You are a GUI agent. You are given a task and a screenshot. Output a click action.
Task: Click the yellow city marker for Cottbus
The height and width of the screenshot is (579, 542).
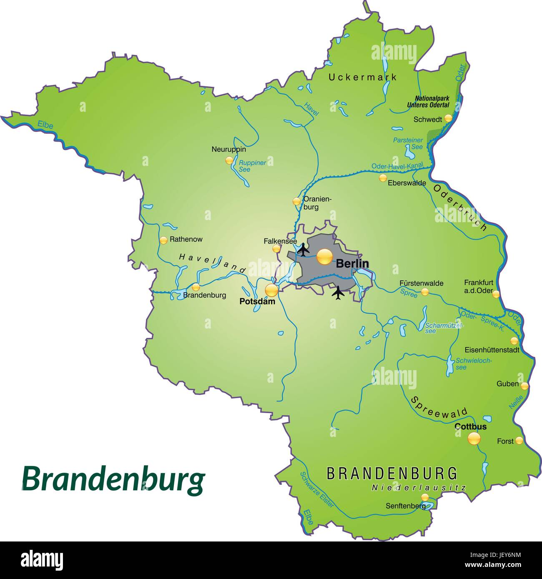click(474, 438)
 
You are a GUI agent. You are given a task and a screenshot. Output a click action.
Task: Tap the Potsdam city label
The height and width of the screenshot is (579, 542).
click(257, 301)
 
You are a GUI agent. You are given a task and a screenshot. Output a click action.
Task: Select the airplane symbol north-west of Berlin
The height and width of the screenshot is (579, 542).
click(304, 250)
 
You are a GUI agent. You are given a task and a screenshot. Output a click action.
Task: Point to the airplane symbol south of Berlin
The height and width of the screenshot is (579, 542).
click(338, 293)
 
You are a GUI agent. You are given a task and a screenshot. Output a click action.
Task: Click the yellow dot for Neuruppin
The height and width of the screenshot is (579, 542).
click(229, 160)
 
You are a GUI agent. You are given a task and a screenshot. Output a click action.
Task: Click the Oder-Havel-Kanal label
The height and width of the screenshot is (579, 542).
click(397, 166)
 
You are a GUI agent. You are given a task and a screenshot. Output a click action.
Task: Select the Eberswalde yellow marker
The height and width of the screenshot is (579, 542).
click(382, 178)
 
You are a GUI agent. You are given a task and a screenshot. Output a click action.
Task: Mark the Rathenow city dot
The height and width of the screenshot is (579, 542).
click(163, 240)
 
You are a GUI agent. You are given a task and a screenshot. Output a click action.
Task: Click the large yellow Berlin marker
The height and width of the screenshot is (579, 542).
click(324, 256)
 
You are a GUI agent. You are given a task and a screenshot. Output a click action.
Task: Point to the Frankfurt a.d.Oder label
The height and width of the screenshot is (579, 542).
click(478, 286)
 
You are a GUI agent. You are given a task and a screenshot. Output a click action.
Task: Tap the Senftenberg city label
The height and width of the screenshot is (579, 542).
click(405, 506)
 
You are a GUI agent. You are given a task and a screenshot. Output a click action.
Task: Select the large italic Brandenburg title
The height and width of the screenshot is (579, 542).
click(113, 479)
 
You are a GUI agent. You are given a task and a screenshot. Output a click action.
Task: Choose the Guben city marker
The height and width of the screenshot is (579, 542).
click(524, 386)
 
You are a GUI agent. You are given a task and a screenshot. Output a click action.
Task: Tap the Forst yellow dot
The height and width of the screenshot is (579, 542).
click(519, 440)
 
